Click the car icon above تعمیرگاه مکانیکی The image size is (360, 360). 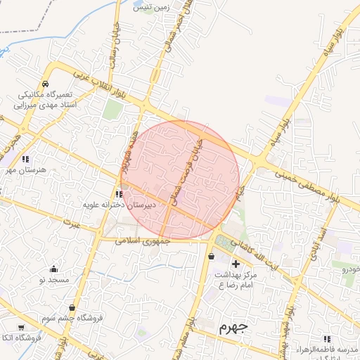(44, 83)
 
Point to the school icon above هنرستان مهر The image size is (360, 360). (26, 159)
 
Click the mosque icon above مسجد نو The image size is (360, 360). (53, 269)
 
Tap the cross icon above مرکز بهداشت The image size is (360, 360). (236, 264)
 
